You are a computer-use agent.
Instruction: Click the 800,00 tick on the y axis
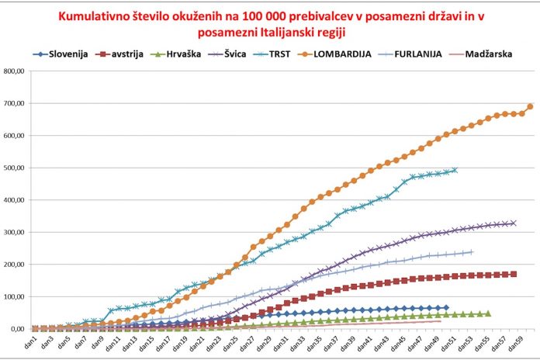(16, 71)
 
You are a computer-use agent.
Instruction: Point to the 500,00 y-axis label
(16, 168)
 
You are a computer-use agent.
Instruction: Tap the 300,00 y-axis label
(16, 232)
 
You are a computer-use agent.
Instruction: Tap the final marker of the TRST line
(455, 170)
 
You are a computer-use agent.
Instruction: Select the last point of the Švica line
(513, 223)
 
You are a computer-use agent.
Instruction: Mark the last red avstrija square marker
(514, 274)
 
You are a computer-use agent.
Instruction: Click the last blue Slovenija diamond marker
(445, 308)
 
